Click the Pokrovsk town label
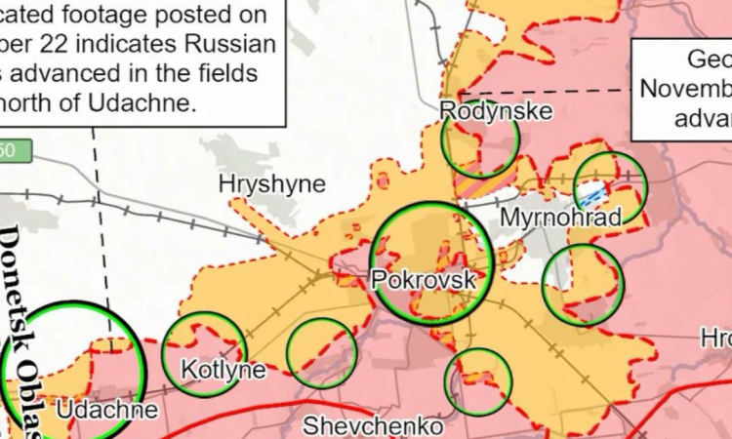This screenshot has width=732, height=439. (424, 280)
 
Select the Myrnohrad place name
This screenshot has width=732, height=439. (559, 217)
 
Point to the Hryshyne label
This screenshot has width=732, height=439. (271, 184)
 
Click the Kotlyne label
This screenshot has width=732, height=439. (224, 370)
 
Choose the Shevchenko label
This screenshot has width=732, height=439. (373, 426)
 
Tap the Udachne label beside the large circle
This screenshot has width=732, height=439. (106, 410)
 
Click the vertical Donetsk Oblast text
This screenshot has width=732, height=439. (22, 332)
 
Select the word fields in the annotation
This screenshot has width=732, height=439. (226, 74)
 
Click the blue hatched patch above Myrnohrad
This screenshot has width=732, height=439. (592, 193)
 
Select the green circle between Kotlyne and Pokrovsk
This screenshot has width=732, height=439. (321, 353)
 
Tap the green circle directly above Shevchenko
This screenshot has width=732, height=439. (478, 381)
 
